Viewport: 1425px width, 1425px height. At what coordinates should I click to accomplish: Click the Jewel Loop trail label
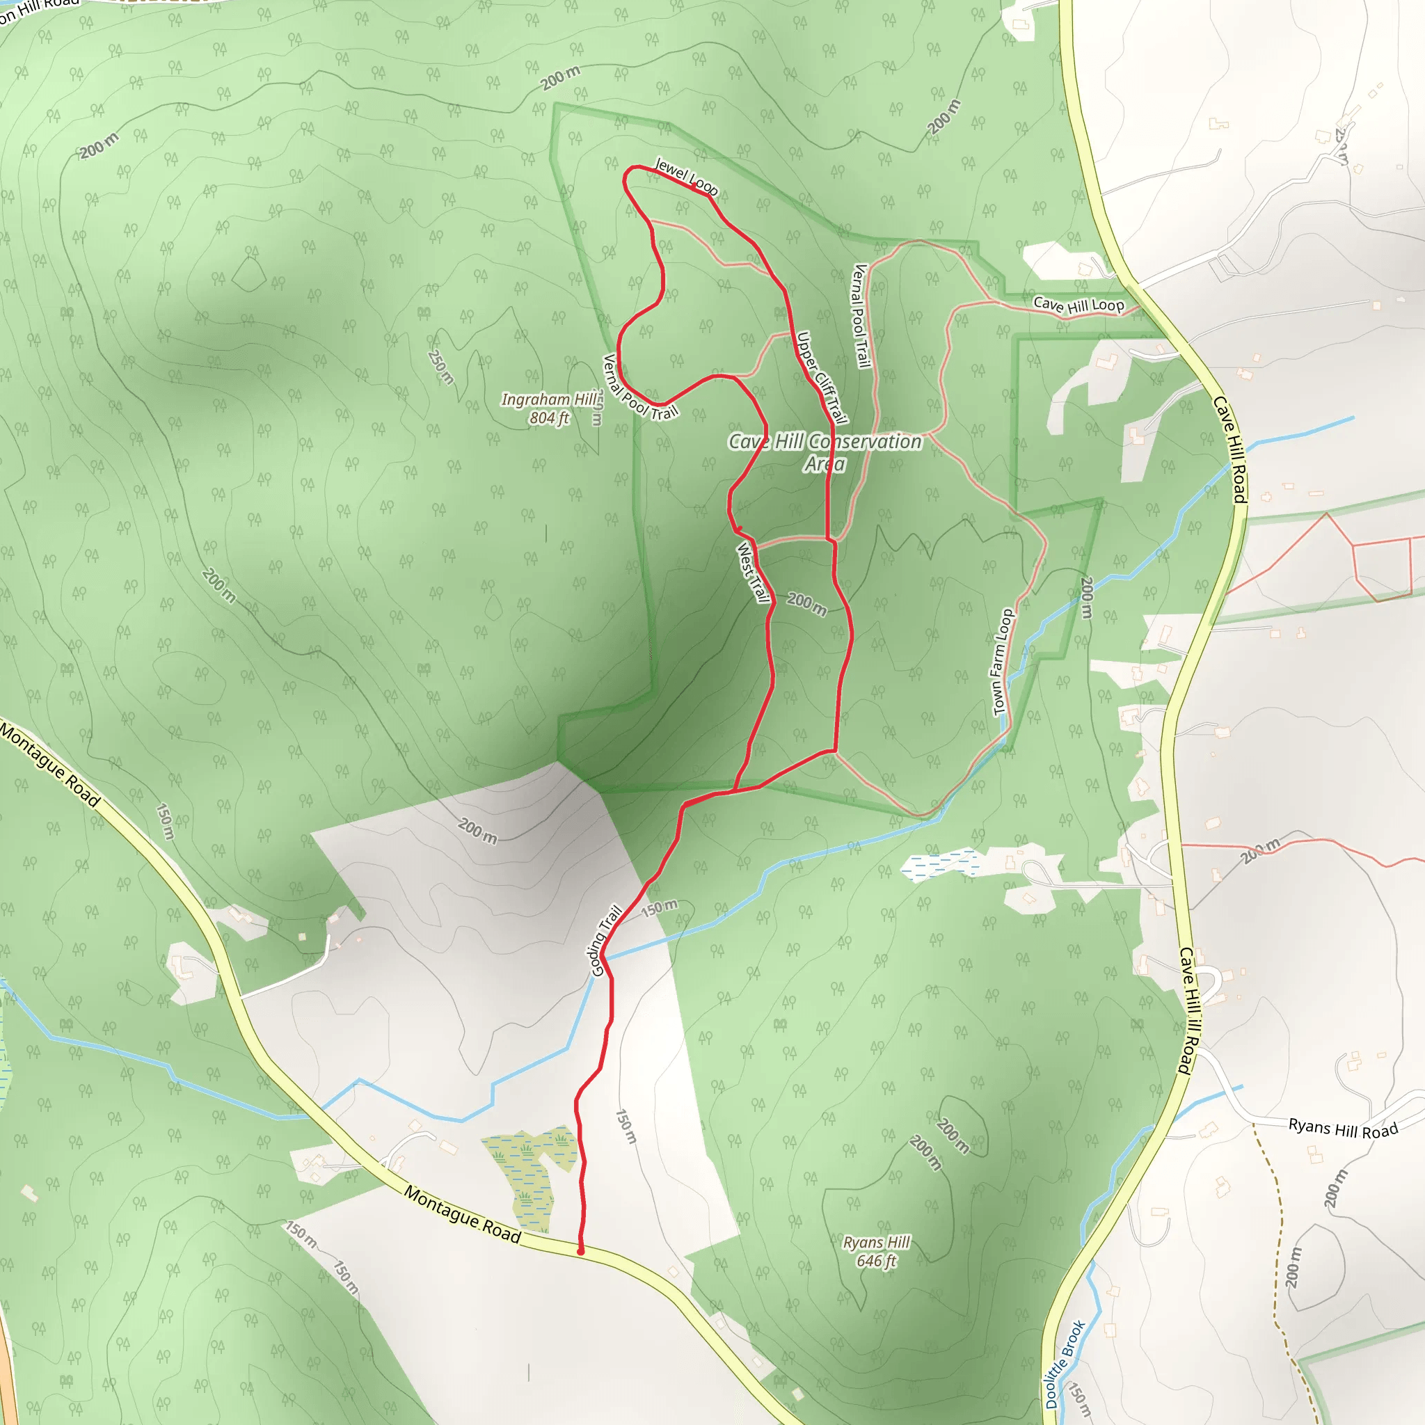click(686, 176)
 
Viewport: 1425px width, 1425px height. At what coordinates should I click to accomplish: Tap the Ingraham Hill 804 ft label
click(550, 408)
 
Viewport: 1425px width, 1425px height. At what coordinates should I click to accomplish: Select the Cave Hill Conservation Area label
click(825, 452)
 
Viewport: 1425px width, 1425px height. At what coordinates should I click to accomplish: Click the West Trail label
click(753, 573)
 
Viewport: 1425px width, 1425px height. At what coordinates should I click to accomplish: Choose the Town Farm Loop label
click(1003, 662)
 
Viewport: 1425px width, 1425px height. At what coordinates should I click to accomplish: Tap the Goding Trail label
click(606, 941)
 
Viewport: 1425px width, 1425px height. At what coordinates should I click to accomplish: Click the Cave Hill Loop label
click(1078, 305)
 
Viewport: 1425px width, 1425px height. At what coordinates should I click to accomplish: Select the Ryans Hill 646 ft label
click(876, 1251)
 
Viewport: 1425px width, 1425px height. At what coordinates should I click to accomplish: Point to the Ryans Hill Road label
click(1342, 1129)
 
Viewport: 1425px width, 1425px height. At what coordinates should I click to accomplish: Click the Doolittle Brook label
click(1065, 1364)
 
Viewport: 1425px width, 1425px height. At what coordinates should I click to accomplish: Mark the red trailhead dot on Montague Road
click(580, 1252)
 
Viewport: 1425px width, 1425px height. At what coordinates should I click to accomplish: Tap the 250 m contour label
click(440, 367)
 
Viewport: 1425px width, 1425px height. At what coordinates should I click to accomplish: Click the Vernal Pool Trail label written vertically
click(861, 316)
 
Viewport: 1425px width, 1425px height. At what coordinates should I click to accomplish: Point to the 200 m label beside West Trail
click(806, 603)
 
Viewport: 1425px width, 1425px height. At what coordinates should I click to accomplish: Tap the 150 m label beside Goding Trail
click(659, 908)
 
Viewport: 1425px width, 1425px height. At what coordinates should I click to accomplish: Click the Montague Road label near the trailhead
click(463, 1214)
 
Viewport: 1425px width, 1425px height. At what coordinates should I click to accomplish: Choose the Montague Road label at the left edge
click(49, 764)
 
